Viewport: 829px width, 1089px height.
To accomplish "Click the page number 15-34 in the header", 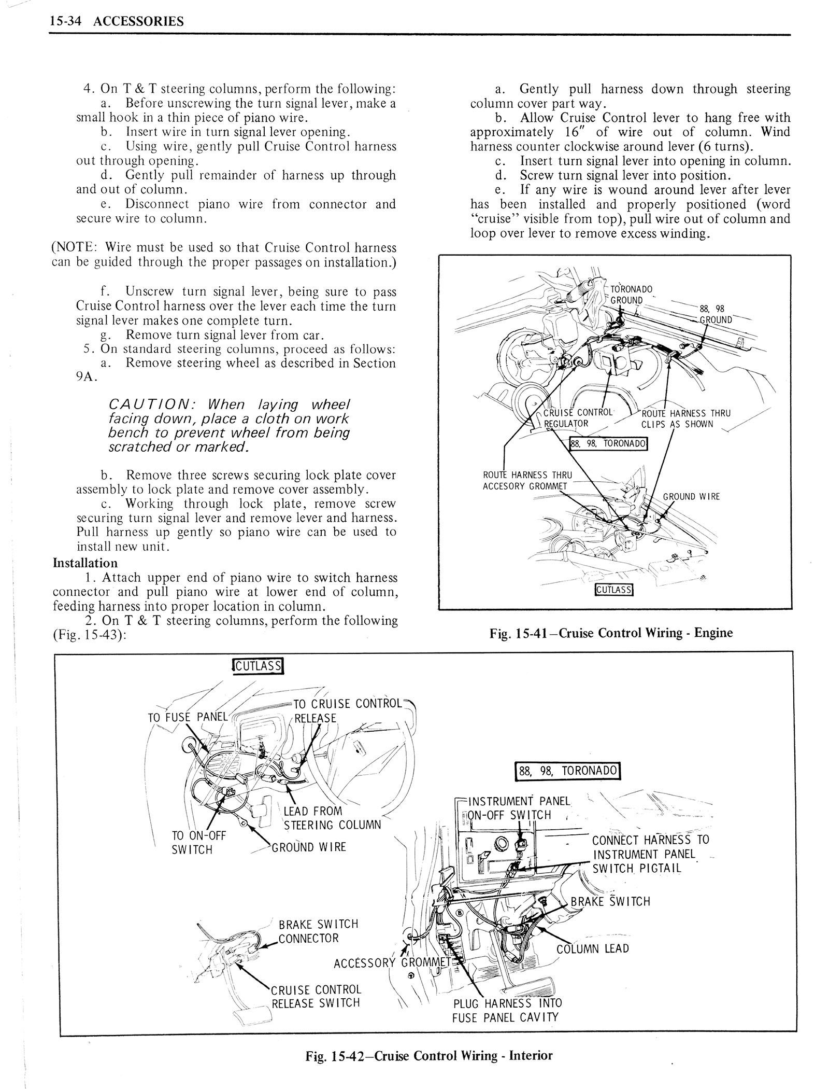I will [x=69, y=21].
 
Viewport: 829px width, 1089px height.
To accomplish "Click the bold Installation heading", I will [x=85, y=563].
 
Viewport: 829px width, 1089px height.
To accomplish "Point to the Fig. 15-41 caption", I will [x=611, y=632].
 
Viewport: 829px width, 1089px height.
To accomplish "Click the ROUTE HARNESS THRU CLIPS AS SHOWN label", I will [x=685, y=418].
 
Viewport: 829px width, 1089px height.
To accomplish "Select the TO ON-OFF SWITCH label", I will [x=192, y=842].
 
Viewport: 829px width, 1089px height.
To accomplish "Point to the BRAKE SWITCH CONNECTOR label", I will [x=318, y=931].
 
